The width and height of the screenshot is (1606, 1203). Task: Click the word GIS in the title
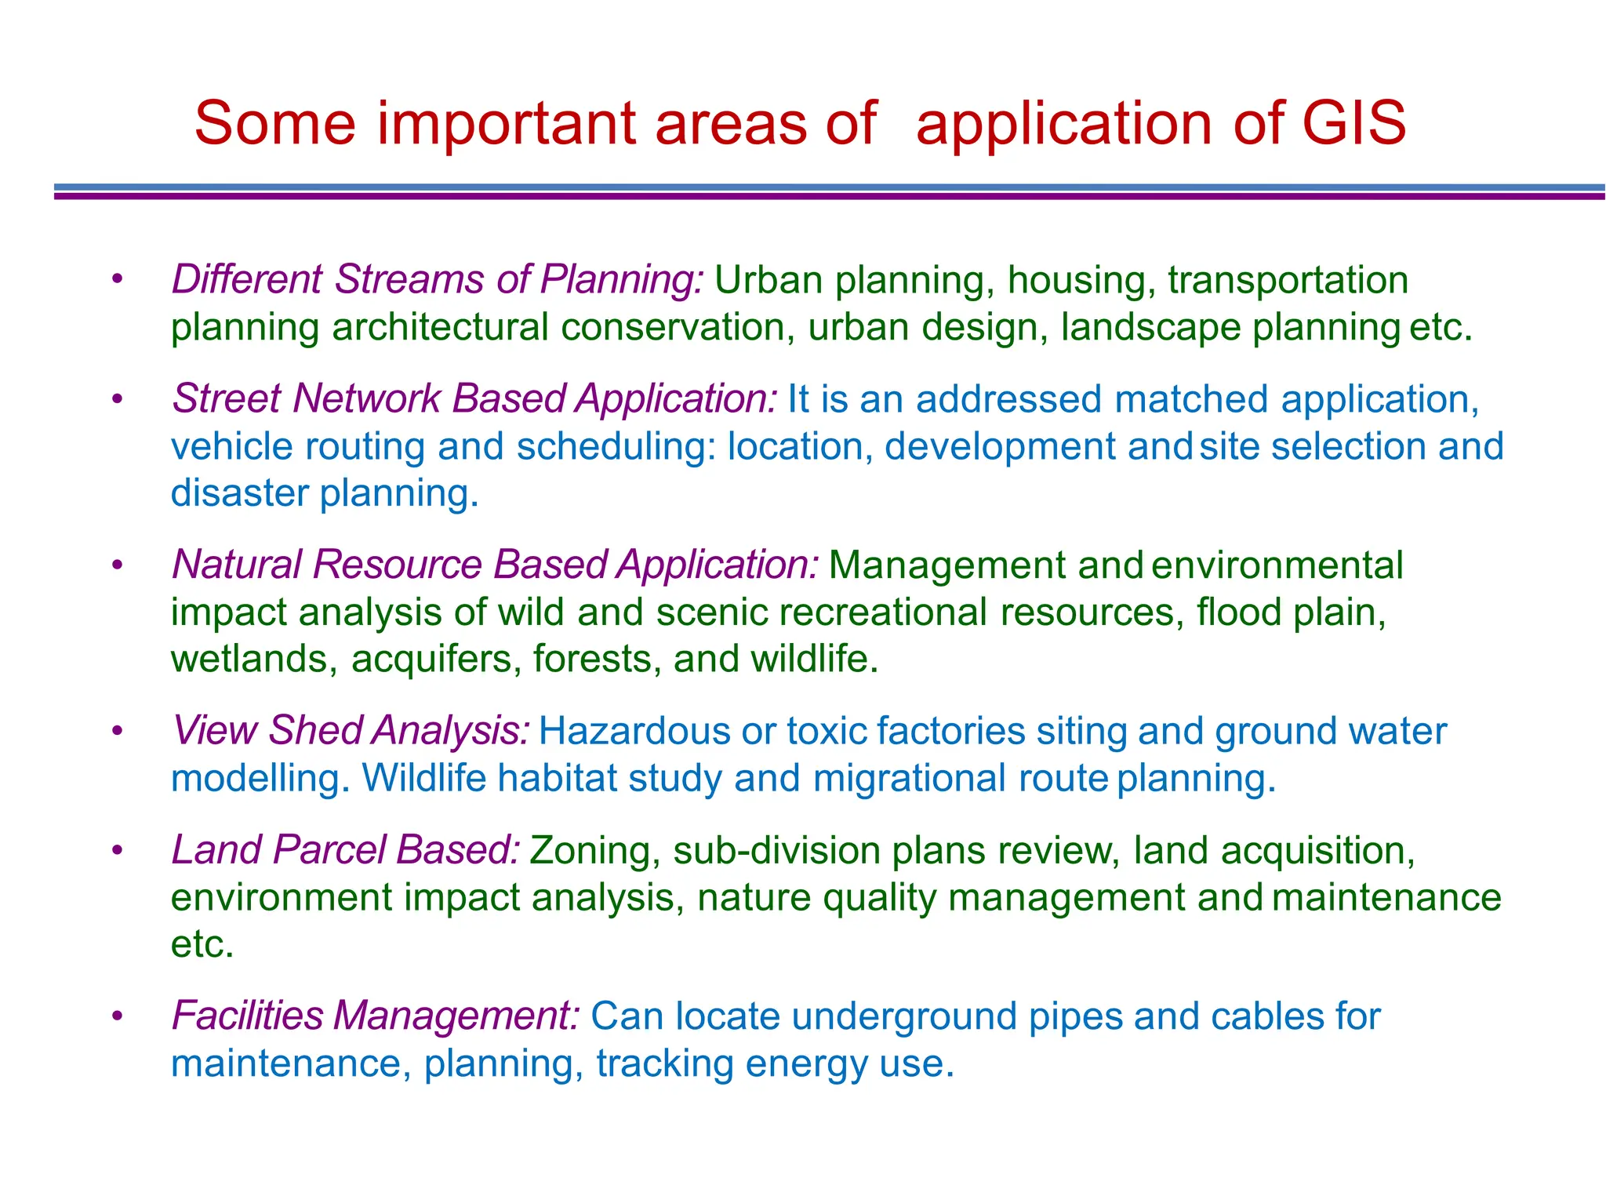coord(1353,123)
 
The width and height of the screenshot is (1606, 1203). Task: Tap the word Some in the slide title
coord(274,123)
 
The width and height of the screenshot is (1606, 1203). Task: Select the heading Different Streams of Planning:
coord(438,280)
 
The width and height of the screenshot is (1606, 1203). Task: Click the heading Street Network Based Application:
coord(474,399)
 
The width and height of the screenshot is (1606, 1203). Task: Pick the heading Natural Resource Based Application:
coord(496,565)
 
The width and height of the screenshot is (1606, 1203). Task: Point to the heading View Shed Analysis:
coord(351,731)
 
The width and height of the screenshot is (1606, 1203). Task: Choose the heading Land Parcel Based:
coord(345,850)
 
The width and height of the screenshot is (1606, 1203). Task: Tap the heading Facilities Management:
coord(376,1016)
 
